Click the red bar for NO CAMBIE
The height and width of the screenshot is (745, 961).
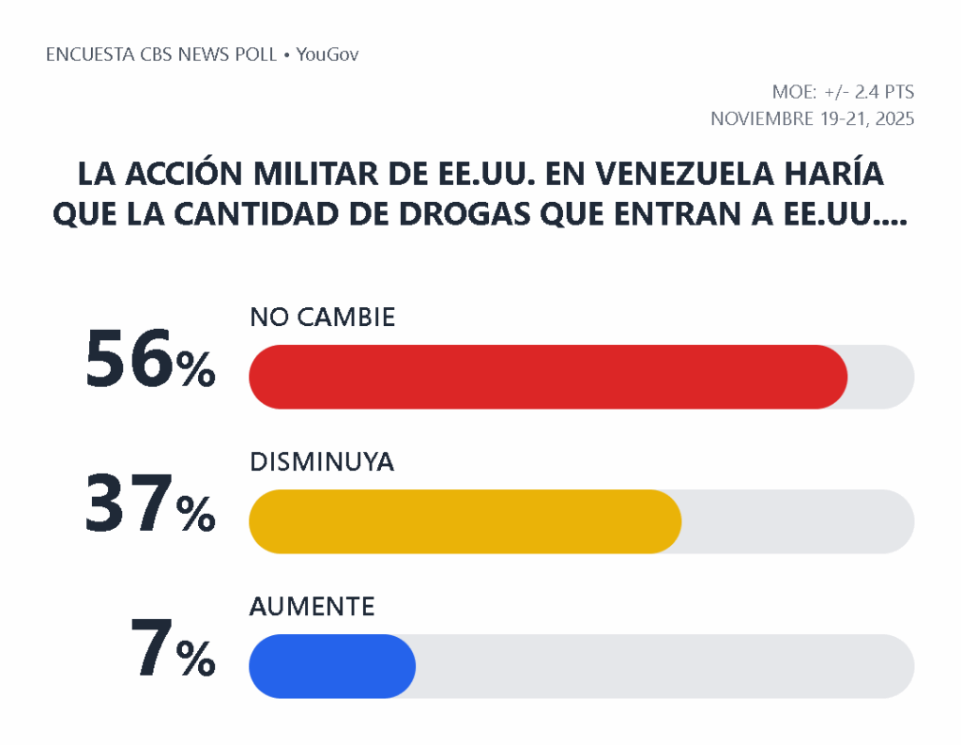coord(548,377)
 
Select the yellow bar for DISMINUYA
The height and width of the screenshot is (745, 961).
coord(465,521)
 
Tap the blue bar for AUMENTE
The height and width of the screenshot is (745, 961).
coord(331,666)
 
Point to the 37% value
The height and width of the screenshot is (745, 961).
coord(150,504)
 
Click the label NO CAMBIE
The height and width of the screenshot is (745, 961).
coord(322,318)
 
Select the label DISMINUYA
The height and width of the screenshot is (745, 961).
coord(321,462)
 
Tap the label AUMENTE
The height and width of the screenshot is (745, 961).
coord(312,607)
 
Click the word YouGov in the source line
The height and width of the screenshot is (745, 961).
coord(328,54)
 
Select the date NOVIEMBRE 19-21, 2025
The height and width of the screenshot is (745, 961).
coord(812,119)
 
